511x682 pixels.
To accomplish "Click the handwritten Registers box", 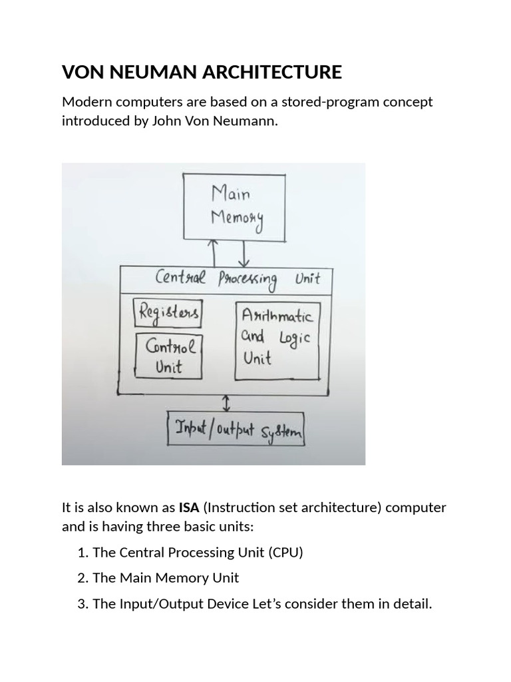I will point(168,312).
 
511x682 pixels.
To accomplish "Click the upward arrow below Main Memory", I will point(214,253).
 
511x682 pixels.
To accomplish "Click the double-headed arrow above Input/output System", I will point(227,402).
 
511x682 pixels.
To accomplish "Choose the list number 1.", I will point(82,552).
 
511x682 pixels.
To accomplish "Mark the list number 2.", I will point(82,578).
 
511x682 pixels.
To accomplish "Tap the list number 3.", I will point(82,604).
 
